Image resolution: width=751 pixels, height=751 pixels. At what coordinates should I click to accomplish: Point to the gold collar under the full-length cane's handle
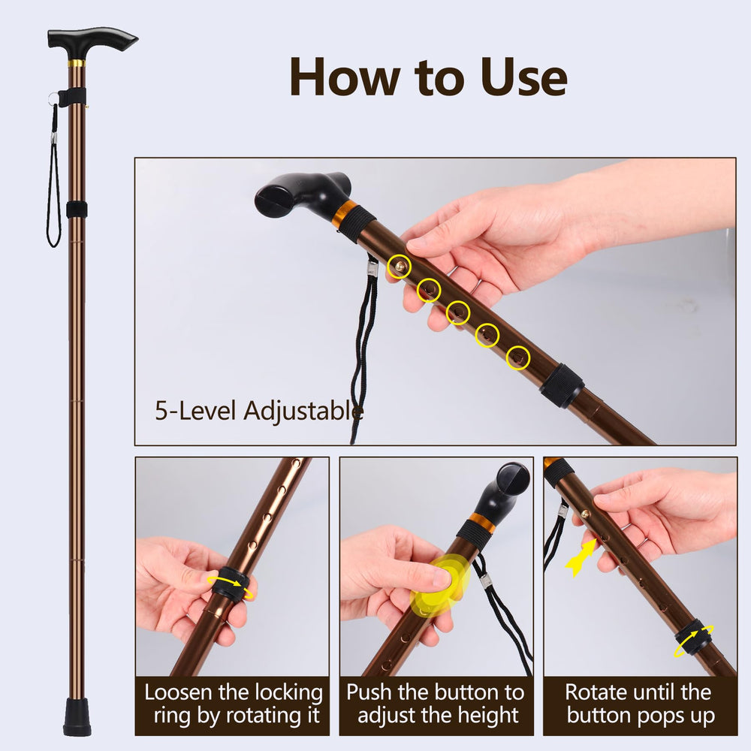[x=77, y=64]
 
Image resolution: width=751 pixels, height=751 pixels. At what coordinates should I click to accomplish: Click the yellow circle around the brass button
[x=399, y=267]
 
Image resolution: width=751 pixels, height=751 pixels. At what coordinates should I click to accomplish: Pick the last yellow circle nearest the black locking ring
[x=517, y=357]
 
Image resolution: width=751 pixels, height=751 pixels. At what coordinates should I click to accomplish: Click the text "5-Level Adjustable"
[x=259, y=411]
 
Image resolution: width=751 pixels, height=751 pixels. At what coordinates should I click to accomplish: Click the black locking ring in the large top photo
[x=562, y=385]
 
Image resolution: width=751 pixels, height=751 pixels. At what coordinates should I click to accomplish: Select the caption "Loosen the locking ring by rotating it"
[x=234, y=704]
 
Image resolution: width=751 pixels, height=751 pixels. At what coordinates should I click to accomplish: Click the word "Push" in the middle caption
[x=369, y=692]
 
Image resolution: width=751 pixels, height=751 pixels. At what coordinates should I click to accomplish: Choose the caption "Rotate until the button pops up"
[x=640, y=704]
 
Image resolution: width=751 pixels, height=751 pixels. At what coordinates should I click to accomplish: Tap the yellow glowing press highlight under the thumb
[x=439, y=585]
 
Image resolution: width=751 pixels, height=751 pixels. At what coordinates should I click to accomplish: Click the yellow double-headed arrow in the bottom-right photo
[x=581, y=557]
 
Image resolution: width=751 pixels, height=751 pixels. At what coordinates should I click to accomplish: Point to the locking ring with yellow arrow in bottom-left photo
[x=231, y=583]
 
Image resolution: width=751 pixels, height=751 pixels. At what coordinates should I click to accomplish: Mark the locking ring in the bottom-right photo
[x=692, y=638]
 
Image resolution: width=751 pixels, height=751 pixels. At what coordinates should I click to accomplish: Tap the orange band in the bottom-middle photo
[x=481, y=523]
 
